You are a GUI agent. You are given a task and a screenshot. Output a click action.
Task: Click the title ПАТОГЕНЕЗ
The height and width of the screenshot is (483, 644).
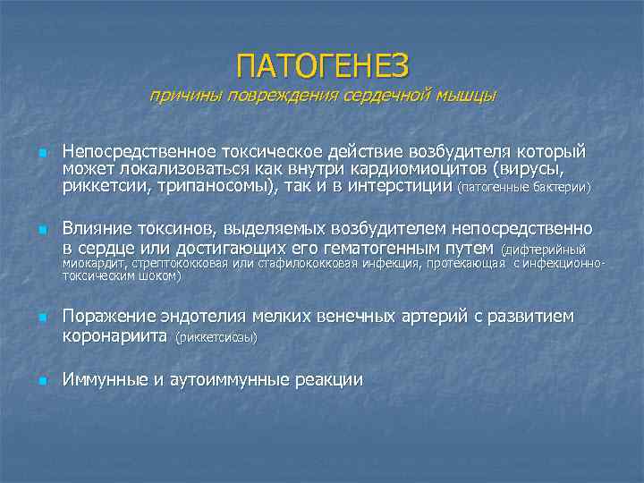pyautogui.click(x=322, y=65)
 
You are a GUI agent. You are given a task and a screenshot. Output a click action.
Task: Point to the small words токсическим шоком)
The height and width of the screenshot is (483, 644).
pyautogui.click(x=121, y=276)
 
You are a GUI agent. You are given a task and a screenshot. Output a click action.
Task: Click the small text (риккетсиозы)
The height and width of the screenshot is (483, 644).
pyautogui.click(x=216, y=337)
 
